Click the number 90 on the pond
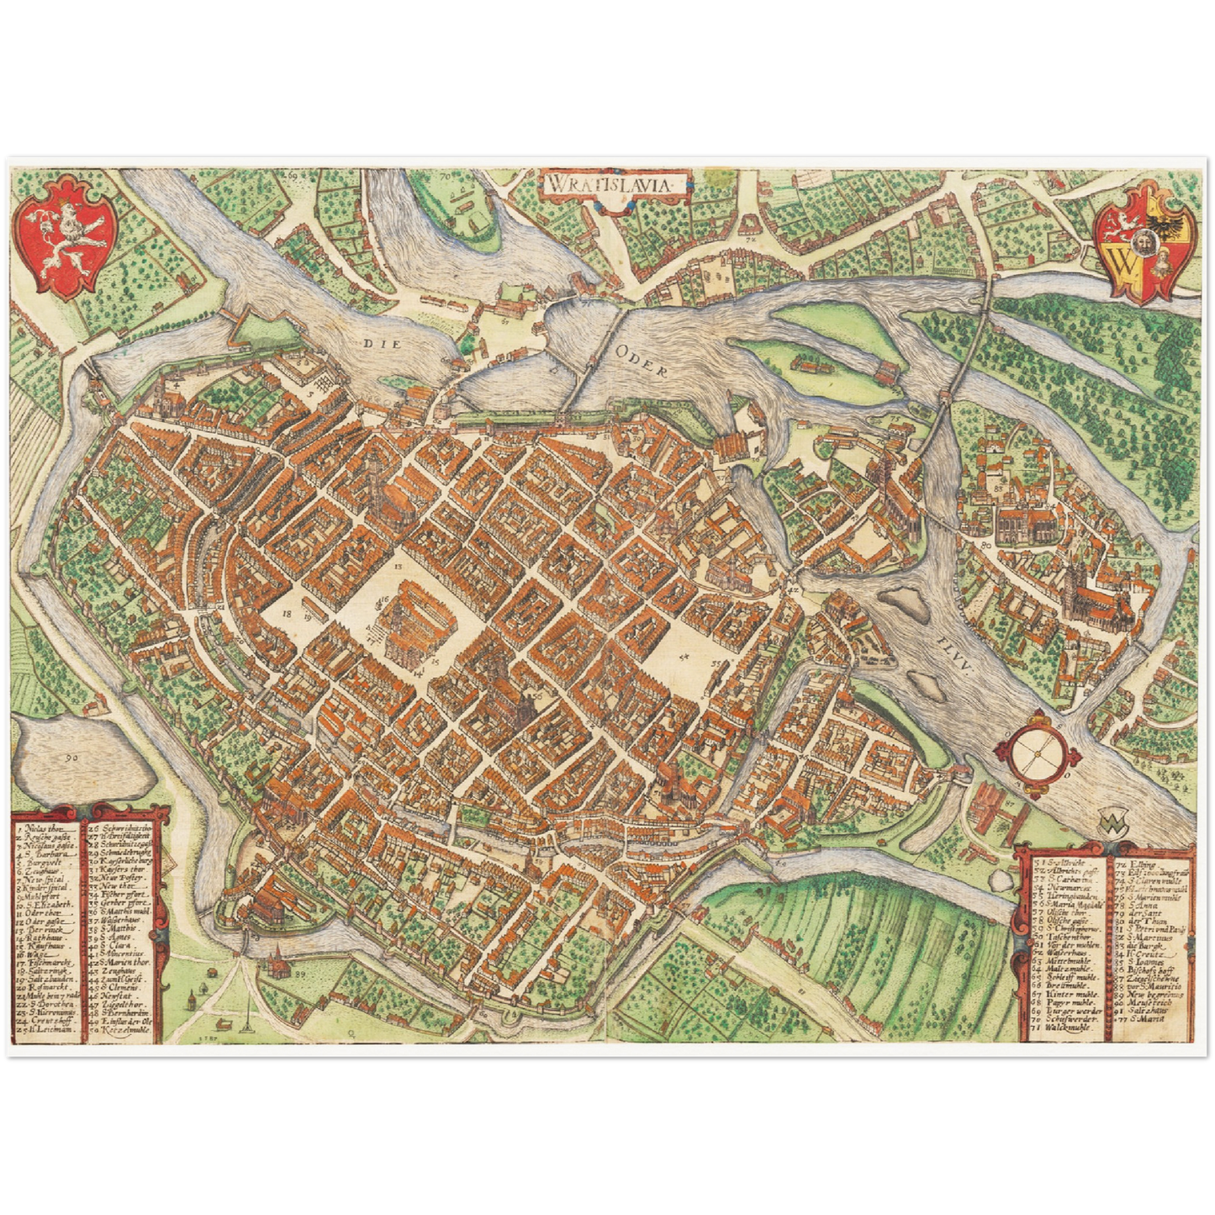pos(71,756)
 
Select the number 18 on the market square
pos(288,615)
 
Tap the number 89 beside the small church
pos(300,974)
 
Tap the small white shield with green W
pos(1109,821)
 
